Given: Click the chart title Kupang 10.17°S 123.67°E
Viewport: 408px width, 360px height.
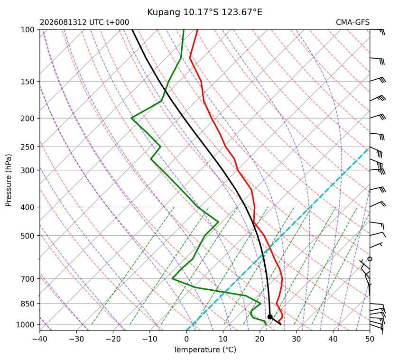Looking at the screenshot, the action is click(204, 12).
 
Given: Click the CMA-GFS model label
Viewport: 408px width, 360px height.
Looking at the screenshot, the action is click(352, 22).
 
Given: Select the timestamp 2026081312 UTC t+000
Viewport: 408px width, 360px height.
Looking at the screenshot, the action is click(84, 22).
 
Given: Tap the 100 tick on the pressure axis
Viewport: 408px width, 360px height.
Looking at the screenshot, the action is click(28, 30).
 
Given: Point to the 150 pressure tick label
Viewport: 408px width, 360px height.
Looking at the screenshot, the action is click(28, 82).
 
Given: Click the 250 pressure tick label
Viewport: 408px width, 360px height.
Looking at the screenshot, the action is click(28, 147).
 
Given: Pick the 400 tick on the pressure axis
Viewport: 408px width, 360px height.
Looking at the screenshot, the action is click(28, 207).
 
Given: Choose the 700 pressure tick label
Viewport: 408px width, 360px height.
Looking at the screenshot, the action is click(28, 279).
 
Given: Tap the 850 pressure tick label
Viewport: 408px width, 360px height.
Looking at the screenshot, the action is click(28, 304).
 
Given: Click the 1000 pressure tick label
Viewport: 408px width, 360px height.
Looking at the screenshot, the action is click(25, 324).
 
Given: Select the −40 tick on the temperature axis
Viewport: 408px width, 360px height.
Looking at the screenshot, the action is click(40, 339).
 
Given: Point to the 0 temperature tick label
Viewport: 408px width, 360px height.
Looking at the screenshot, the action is click(186, 339).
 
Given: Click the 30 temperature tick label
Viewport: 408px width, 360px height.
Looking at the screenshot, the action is click(297, 339).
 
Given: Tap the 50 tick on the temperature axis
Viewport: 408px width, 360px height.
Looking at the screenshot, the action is click(370, 339).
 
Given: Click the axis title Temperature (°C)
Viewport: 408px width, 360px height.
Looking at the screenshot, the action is click(205, 350).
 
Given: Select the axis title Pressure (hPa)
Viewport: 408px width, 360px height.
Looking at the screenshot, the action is click(9, 180).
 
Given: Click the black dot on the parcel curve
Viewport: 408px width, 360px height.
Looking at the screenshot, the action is click(270, 317).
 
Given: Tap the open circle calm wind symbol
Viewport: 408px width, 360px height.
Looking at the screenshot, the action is click(370, 259).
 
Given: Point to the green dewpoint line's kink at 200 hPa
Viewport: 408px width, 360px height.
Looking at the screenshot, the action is click(131, 119).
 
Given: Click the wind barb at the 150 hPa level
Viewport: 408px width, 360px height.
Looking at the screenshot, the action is click(378, 80).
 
